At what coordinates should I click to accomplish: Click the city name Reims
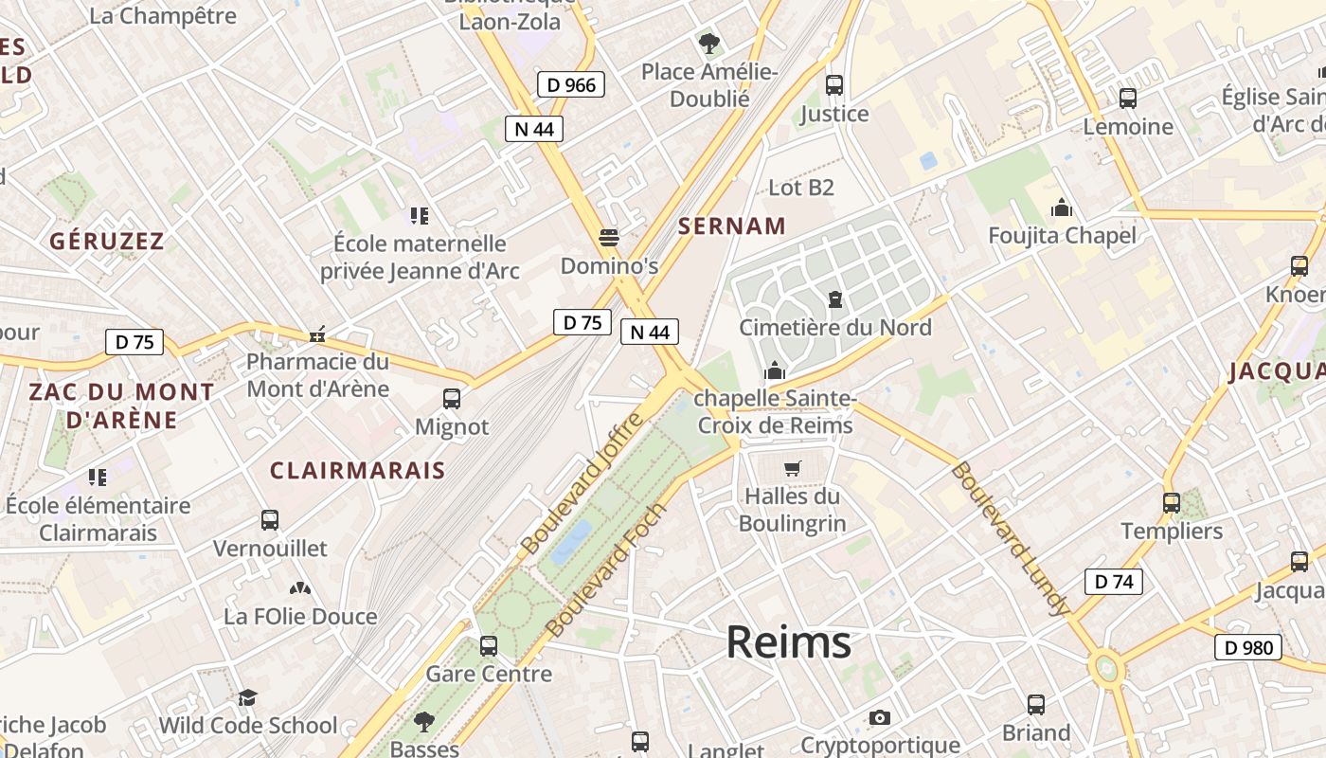(x=788, y=642)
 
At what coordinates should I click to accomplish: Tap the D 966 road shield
(x=572, y=84)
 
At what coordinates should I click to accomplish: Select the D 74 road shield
(x=1113, y=582)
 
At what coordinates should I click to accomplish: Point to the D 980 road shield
(x=1247, y=648)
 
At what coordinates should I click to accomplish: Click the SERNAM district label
(x=732, y=226)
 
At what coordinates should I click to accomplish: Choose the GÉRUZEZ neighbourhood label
(x=107, y=241)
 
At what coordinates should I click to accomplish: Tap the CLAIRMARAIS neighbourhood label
(x=357, y=470)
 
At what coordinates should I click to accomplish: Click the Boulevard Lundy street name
(x=1010, y=538)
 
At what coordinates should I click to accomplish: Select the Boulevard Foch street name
(x=607, y=570)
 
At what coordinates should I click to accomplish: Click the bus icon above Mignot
(x=452, y=399)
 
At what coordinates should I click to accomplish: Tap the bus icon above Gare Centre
(x=489, y=646)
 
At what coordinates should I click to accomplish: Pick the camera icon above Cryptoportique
(x=880, y=717)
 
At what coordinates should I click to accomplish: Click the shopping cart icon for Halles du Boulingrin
(x=793, y=468)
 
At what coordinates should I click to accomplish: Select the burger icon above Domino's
(x=609, y=237)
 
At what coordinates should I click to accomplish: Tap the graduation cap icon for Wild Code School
(x=247, y=698)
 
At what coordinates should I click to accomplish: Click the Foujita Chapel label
(x=1062, y=235)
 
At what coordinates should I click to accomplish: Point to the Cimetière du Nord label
(x=834, y=328)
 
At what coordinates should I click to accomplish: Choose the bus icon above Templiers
(x=1172, y=503)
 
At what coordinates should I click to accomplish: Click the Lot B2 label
(x=800, y=188)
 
